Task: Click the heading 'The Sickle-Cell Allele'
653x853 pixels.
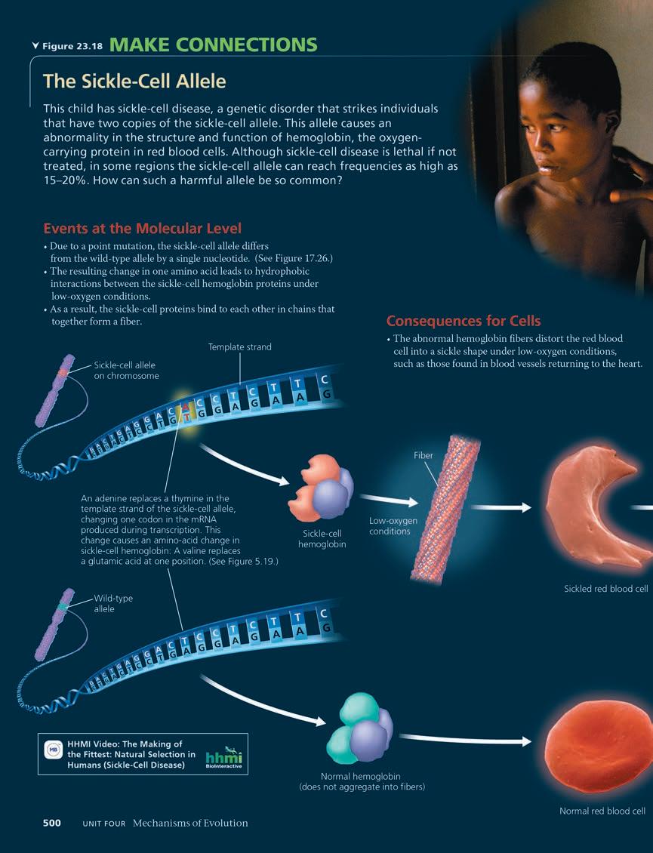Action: point(134,80)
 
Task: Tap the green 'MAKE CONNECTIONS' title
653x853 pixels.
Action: point(214,45)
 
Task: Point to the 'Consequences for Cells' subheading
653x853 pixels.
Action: point(464,320)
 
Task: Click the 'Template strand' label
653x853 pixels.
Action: point(239,347)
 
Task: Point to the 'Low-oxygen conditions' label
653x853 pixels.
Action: point(393,526)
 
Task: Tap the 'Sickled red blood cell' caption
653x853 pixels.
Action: point(606,589)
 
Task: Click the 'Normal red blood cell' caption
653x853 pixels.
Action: point(602,811)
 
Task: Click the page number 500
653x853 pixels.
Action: point(51,823)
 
